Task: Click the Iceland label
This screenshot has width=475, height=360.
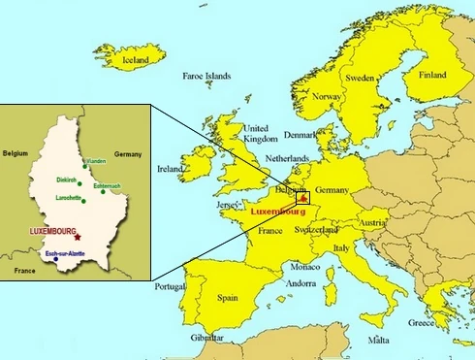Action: click(137, 60)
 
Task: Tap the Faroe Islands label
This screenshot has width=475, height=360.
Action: click(206, 75)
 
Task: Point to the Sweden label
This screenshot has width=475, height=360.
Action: click(361, 77)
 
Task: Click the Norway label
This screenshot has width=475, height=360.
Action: click(327, 97)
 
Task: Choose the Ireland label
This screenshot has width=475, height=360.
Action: click(170, 168)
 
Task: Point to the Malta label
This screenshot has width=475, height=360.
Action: click(379, 341)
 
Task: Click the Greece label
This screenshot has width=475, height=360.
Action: click(422, 323)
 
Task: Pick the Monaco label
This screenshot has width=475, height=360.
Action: click(305, 266)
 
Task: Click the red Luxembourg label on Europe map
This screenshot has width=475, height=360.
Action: click(277, 211)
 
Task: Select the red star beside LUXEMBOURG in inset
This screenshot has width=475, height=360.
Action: click(77, 237)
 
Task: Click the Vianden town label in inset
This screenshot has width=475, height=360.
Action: click(95, 161)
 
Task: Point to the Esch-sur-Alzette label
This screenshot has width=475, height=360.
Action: click(64, 254)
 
